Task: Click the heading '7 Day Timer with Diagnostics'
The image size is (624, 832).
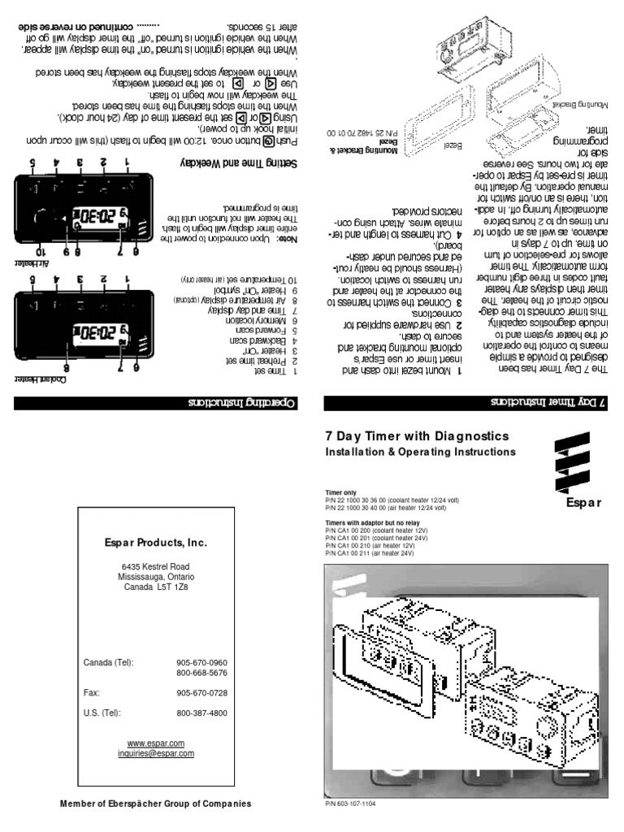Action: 417,436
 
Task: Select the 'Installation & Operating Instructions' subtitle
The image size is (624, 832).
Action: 420,451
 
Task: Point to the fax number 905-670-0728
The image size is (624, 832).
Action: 201,693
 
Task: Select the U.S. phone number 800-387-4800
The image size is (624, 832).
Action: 201,713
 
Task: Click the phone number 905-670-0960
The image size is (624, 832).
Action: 201,663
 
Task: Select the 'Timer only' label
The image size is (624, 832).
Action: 340,492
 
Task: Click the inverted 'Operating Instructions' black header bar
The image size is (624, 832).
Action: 156,403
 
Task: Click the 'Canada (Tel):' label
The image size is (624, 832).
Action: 108,663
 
